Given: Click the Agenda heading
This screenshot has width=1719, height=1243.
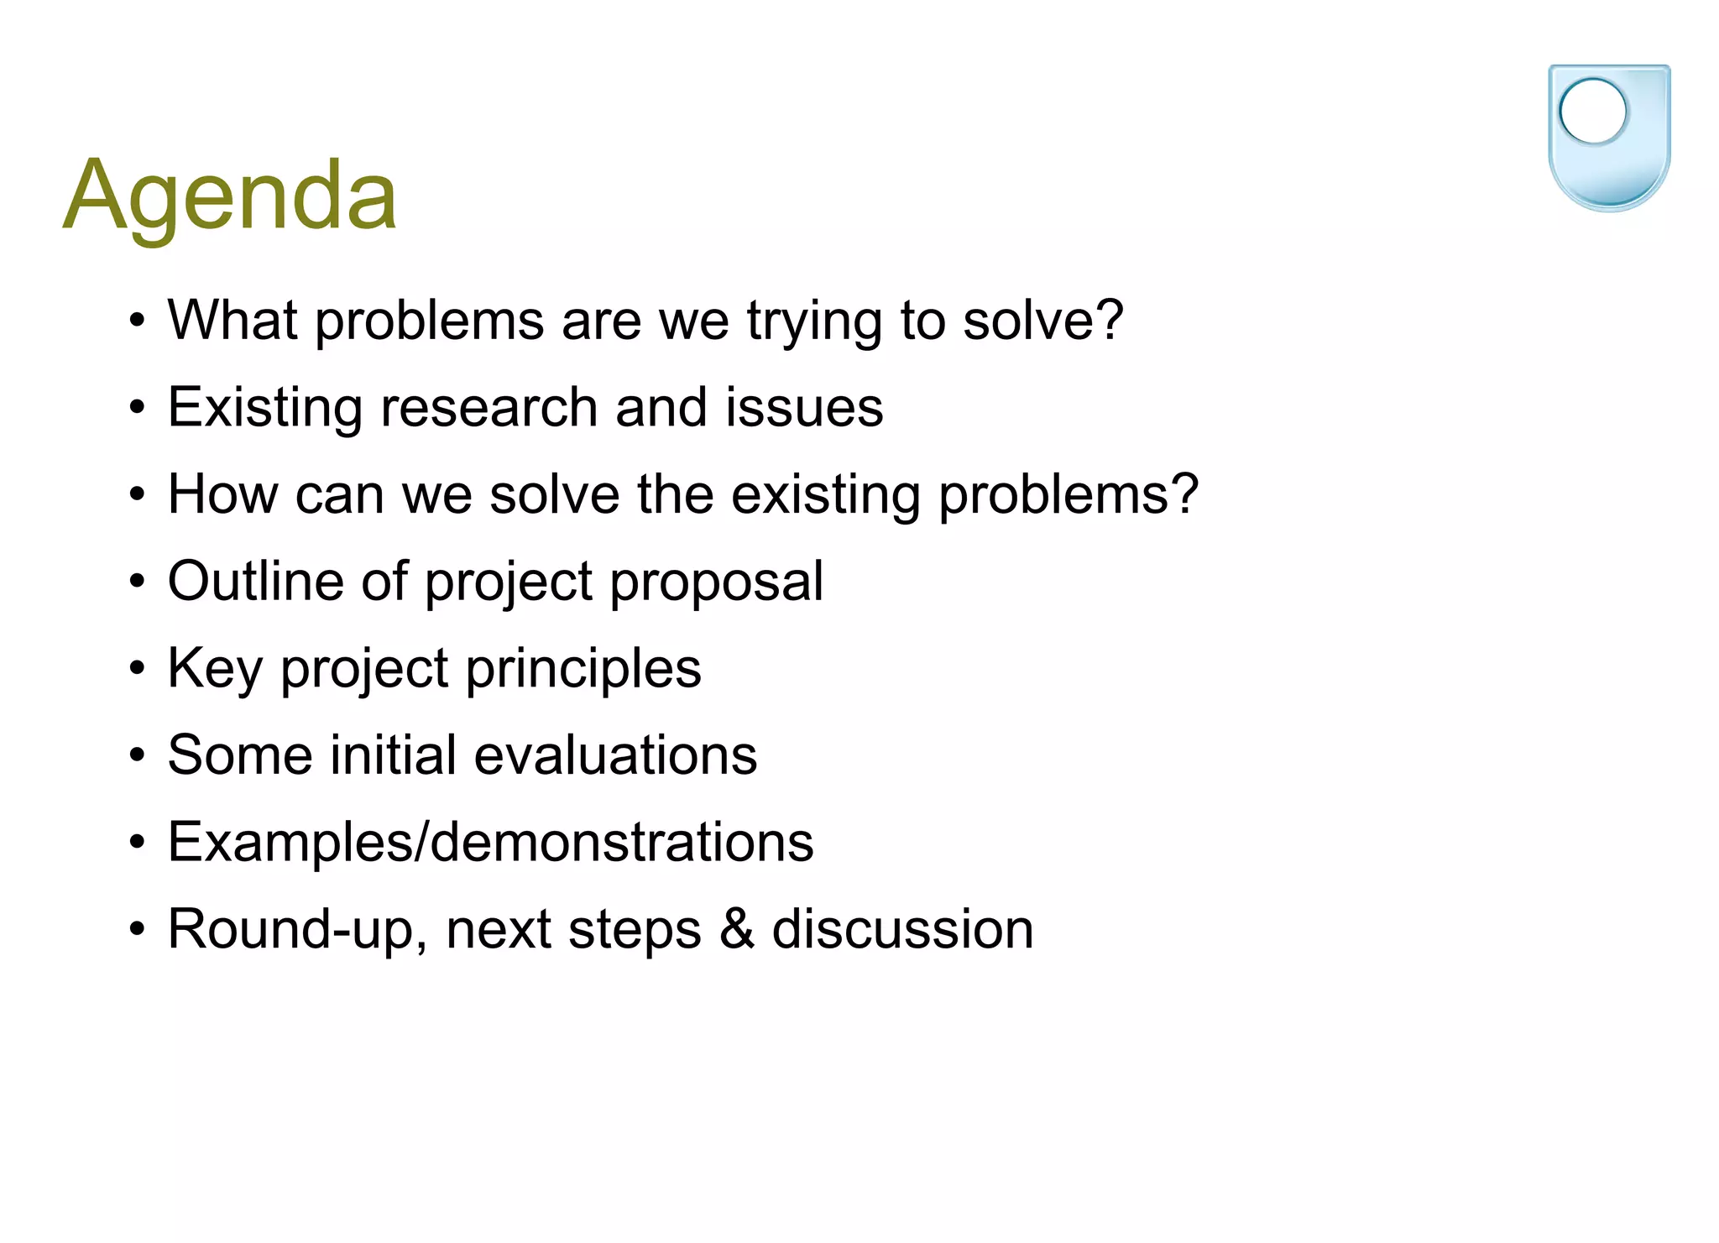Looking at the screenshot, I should (x=229, y=196).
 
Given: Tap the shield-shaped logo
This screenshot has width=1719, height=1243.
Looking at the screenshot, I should (x=1608, y=138).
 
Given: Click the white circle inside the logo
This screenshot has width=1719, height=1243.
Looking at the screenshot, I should (x=1592, y=111).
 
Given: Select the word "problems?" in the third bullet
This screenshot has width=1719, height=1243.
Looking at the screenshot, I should (x=1068, y=495).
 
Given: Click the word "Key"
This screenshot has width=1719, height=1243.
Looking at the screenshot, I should (x=215, y=669).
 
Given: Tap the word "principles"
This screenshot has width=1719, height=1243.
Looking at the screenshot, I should (x=583, y=669).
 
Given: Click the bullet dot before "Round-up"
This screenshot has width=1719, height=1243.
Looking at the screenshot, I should (x=138, y=930).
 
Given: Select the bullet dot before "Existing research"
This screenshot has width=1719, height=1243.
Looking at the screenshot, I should (x=138, y=409).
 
